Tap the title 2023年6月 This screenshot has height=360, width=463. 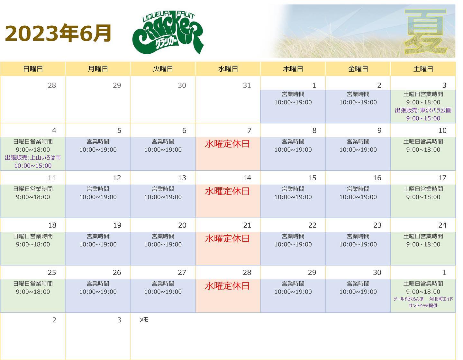[x=58, y=33]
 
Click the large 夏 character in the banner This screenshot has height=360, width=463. [x=425, y=32]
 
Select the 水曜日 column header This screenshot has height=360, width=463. [x=228, y=69]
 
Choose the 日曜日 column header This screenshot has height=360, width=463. [x=33, y=69]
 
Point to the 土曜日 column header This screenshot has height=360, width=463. [x=423, y=69]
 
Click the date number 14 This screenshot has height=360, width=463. [x=247, y=178]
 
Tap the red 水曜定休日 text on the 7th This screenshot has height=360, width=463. [x=227, y=144]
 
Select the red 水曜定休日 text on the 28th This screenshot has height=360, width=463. [x=227, y=286]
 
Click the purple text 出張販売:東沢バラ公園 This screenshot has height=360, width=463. [x=423, y=110]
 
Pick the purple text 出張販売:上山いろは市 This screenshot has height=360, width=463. [x=33, y=157]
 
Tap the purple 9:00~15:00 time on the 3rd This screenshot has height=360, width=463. [x=423, y=118]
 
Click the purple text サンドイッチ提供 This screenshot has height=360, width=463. [x=423, y=305]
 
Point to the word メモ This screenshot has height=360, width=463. [x=144, y=319]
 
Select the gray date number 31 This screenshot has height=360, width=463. [x=247, y=85]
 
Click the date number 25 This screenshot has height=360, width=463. [x=52, y=272]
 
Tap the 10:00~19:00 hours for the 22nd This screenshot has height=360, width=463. [x=293, y=244]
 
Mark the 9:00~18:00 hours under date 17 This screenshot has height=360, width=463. [x=423, y=197]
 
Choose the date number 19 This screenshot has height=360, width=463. [x=117, y=225]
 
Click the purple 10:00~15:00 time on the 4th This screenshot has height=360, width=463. [x=33, y=166]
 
